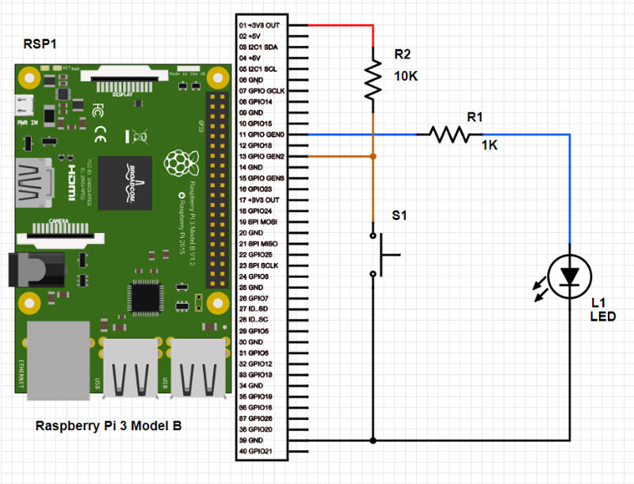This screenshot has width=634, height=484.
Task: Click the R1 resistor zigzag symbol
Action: (x=450, y=135)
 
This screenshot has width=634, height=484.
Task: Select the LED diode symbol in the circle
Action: (x=570, y=276)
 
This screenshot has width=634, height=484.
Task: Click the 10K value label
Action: (x=407, y=78)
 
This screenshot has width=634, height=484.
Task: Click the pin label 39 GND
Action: (x=254, y=440)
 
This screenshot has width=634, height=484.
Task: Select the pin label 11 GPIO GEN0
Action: (x=262, y=135)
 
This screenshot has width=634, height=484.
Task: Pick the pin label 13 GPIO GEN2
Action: (x=262, y=157)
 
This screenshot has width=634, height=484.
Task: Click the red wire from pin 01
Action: (x=341, y=25)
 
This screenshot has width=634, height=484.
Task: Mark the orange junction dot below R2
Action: (x=372, y=157)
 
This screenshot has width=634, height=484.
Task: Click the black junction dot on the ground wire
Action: (x=372, y=440)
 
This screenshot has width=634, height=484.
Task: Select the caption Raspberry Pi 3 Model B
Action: (x=109, y=426)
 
